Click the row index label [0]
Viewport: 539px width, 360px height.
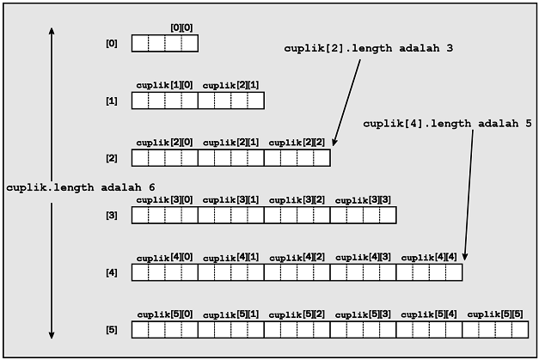point(111,43)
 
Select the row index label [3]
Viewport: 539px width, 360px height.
point(111,215)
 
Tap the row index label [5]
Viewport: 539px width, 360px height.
point(111,330)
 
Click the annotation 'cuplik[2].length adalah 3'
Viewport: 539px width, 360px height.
point(368,48)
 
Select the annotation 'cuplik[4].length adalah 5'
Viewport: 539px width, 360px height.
point(447,123)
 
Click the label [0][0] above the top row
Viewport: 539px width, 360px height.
point(181,28)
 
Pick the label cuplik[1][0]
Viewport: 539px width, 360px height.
point(164,85)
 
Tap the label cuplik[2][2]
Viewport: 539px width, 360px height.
point(297,143)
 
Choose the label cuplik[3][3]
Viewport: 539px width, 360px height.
point(363,200)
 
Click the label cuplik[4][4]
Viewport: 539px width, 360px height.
point(429,257)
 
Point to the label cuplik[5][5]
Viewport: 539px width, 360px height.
point(495,314)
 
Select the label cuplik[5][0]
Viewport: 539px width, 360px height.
point(164,314)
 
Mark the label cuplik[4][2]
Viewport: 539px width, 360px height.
point(297,257)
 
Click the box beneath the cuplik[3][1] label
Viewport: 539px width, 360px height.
point(230,215)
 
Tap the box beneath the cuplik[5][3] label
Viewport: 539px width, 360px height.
point(363,330)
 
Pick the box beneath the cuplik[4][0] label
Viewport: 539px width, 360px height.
point(164,272)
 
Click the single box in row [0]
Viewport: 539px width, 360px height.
point(164,43)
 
